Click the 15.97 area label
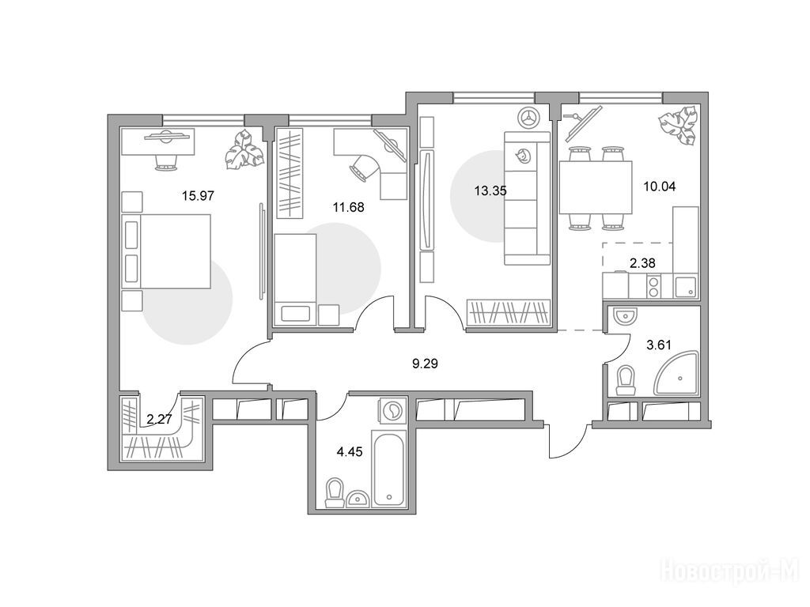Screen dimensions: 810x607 (x=198, y=196)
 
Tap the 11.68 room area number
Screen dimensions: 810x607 (x=348, y=208)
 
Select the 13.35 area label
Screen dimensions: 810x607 (x=490, y=191)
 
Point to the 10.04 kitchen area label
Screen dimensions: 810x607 (x=659, y=187)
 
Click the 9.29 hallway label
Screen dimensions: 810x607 (x=425, y=364)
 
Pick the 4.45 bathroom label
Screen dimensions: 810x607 (x=349, y=452)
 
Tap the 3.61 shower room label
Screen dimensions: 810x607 (x=659, y=345)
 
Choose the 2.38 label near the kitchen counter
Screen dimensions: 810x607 (x=642, y=263)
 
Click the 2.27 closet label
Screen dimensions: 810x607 (x=159, y=419)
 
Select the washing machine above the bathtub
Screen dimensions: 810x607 (x=393, y=411)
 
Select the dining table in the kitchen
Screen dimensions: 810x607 (x=596, y=187)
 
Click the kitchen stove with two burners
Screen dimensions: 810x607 (x=653, y=286)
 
